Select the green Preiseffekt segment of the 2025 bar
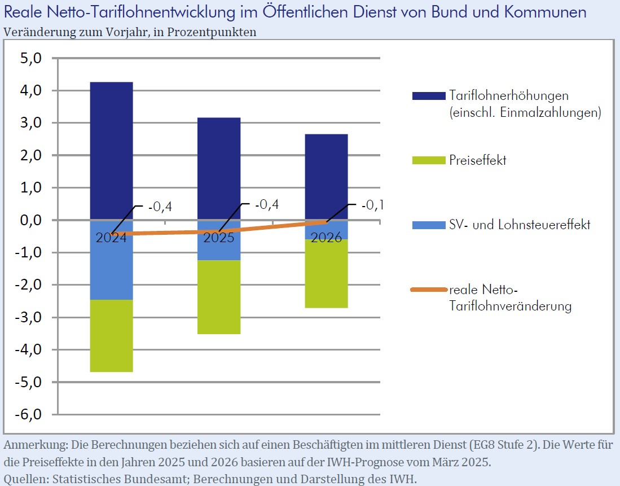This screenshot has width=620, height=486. (218, 297)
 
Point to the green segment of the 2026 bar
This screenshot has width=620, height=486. (326, 273)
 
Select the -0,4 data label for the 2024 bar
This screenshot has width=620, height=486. (160, 208)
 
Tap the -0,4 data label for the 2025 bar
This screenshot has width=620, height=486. (267, 204)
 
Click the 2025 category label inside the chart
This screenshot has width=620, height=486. (218, 238)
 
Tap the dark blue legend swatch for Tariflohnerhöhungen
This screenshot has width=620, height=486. (429, 95)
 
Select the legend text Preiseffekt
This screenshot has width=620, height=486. (478, 160)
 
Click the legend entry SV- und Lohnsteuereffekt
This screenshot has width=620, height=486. (520, 225)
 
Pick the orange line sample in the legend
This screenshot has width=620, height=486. (429, 290)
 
